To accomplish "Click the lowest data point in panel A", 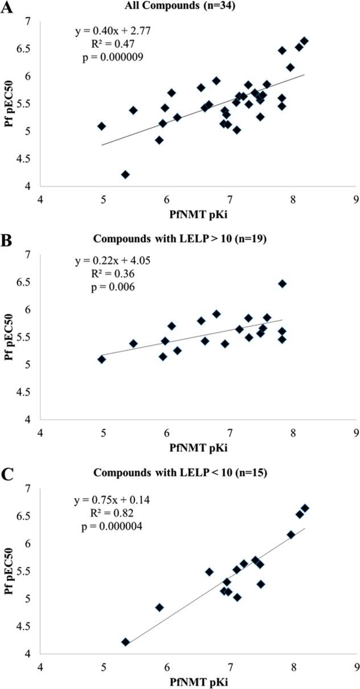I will tap(125, 174).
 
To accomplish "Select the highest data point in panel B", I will tap(282, 284).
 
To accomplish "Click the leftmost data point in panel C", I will tap(125, 642).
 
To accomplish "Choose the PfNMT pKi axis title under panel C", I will tap(198, 682).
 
